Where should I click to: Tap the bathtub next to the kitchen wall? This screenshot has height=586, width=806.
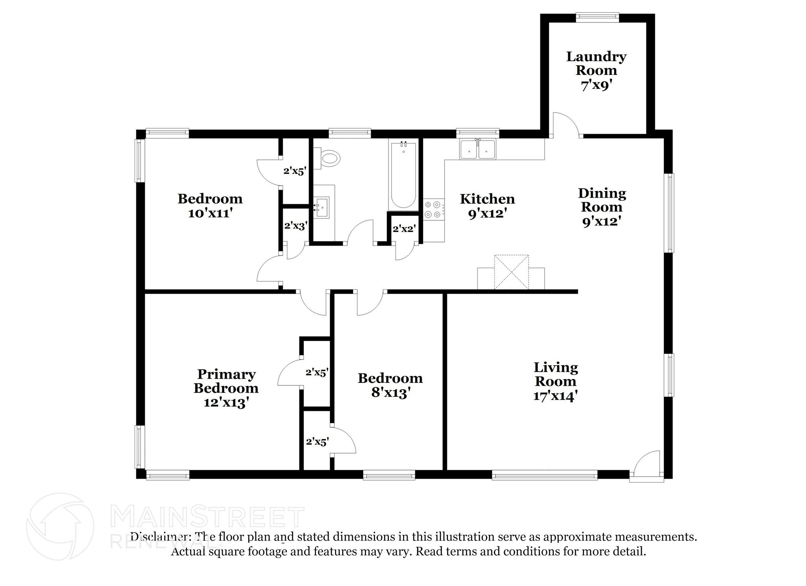pos(403,175)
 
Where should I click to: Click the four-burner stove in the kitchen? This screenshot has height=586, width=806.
pos(433,209)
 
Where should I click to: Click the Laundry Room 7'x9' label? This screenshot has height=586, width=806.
pos(596,71)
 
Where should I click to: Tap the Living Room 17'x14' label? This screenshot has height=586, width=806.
pos(555,381)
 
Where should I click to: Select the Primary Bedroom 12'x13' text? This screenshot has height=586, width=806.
pos(226,388)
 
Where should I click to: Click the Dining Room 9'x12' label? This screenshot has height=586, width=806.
pos(602,207)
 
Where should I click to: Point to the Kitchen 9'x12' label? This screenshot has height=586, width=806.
pos(487,206)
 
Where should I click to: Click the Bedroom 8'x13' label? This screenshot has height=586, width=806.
pos(390,385)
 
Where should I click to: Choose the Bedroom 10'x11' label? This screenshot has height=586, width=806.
pos(210,205)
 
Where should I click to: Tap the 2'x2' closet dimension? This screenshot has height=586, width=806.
pos(404,229)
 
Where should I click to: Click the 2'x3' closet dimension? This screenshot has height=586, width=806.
pos(296,226)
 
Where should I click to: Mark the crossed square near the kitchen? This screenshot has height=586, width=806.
pos(511,272)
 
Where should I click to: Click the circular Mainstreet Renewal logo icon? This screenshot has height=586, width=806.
pos(60,527)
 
